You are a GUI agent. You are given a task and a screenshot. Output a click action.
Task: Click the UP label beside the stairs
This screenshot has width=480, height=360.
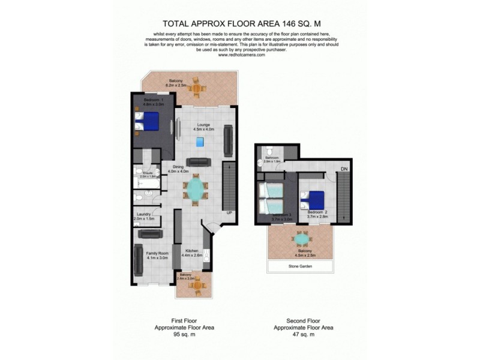pos(229,213)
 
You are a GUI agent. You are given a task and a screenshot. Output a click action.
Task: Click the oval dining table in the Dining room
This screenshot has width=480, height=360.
pos(196,189)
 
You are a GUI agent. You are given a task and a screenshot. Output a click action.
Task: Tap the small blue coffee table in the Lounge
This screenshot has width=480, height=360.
pos(200,142)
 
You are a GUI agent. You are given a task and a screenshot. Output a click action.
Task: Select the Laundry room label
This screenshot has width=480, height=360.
pos(143,214)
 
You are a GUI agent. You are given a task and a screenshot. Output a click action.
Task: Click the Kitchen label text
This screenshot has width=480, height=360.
pos(192,250)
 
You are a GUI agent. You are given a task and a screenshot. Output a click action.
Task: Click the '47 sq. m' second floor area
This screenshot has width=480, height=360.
pos(303,334)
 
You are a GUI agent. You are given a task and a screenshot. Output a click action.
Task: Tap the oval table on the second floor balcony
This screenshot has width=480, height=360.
pos(302,239)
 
